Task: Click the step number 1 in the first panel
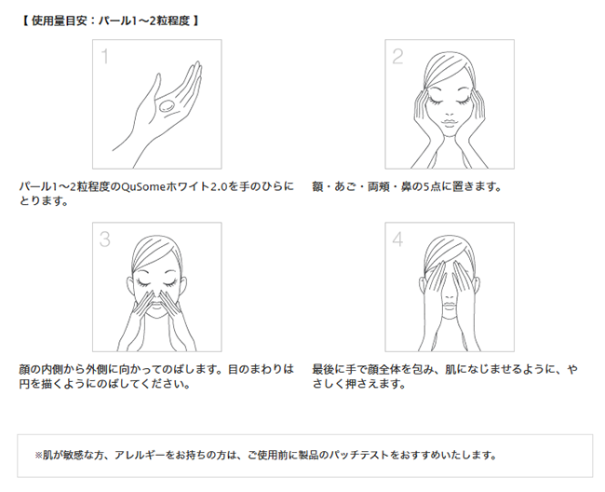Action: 104,57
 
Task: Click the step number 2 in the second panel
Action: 397,57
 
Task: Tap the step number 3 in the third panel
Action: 105,239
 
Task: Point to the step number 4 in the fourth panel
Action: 397,239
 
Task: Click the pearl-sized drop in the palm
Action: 167,105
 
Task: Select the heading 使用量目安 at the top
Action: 60,20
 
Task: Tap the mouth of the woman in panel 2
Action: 450,122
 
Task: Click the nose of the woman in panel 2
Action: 450,113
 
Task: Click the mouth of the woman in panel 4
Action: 450,305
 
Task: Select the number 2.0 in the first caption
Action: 219,187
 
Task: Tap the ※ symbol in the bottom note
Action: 38,456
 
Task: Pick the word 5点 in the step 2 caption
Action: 432,187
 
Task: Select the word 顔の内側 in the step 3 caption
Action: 41,370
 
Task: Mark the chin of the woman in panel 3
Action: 156,315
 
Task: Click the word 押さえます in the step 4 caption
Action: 375,384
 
